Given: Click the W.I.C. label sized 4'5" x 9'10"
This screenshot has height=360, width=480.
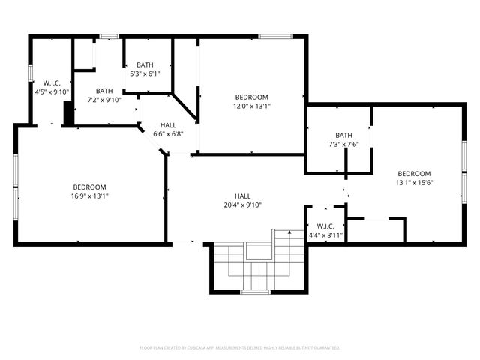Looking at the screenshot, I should [52, 87].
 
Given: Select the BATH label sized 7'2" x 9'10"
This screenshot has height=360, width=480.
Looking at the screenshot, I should [104, 95].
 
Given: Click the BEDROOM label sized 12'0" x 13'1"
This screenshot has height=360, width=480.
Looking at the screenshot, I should [251, 101].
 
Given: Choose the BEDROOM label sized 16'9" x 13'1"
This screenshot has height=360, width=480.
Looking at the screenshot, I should [89, 192].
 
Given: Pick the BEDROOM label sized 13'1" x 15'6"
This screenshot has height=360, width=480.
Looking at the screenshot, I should [414, 178].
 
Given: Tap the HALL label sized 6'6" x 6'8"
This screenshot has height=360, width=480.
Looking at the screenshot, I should [168, 130].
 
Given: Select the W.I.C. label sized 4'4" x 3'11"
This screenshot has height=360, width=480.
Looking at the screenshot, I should [325, 230].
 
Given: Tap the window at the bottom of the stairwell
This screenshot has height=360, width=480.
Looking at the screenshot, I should [255, 292].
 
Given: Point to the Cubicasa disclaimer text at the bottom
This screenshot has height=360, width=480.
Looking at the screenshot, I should [240, 348].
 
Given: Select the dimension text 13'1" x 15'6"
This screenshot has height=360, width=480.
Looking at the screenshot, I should [414, 182].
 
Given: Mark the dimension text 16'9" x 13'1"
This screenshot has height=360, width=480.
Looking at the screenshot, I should [89, 196].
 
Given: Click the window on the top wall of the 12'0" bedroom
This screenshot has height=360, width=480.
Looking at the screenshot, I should [270, 35].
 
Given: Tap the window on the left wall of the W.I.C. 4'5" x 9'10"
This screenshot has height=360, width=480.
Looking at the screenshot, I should [30, 73].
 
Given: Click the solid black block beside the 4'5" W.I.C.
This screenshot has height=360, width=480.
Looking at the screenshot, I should [68, 114].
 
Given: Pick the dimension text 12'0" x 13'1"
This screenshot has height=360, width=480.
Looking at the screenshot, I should [251, 106].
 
